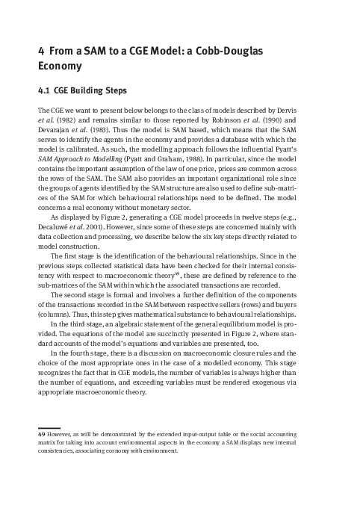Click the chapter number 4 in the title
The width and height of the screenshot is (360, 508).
pyautogui.click(x=41, y=51)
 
